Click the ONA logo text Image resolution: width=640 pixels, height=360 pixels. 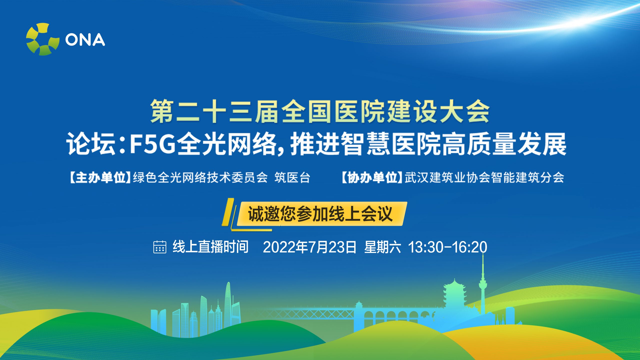pos(85,40)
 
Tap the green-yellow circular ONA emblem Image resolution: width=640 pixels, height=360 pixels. pos(43,39)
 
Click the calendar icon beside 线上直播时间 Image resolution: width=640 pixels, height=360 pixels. pos(159,247)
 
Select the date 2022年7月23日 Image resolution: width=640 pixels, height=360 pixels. pos(309,247)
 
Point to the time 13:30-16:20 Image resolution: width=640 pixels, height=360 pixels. pos(447,247)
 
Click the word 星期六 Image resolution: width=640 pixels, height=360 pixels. pos(382,247)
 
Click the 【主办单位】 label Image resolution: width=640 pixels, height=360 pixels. pos(100,177)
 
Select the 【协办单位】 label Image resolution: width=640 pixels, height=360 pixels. pos(372,177)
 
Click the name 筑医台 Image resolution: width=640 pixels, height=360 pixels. pos(292,177)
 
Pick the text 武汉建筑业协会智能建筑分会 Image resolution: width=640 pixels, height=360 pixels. pos(484,177)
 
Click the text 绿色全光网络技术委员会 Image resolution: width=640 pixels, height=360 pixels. pos(200,177)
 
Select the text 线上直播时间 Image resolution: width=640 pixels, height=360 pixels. pos(210,247)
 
